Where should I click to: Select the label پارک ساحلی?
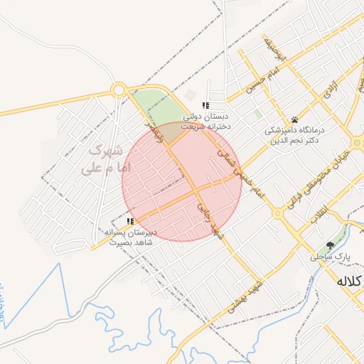[x=330, y=256]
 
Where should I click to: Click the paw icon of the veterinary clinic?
[x=294, y=119]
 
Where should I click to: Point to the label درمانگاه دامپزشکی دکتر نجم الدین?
[x=294, y=135]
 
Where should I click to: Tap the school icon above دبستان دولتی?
[x=205, y=106]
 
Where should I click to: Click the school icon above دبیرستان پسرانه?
[x=130, y=222]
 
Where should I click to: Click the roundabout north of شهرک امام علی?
[x=119, y=90]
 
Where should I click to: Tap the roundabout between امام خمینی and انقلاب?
[x=277, y=213]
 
